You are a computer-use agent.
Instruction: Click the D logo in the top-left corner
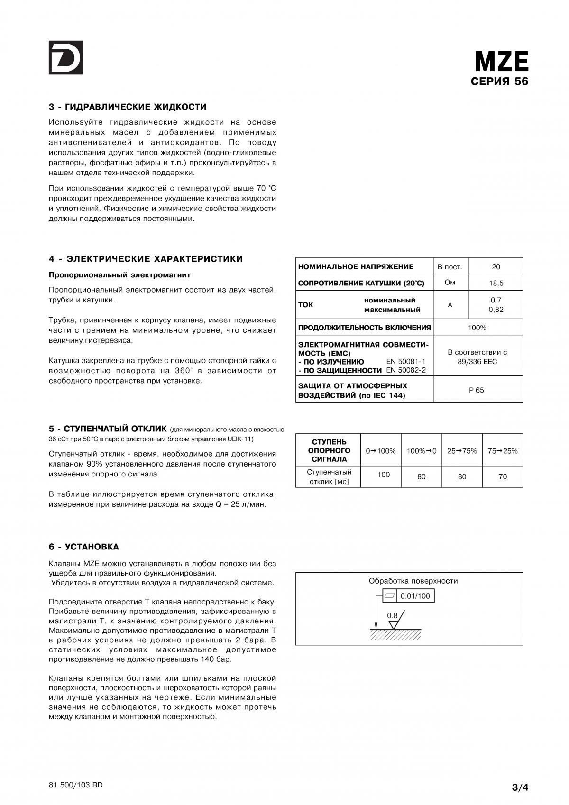pyautogui.click(x=65, y=57)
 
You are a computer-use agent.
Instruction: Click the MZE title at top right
pyautogui.click(x=501, y=62)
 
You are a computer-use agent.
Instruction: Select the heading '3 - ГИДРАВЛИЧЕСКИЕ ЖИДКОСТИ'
pyautogui.click(x=128, y=107)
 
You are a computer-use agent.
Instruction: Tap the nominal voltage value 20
pyautogui.click(x=496, y=267)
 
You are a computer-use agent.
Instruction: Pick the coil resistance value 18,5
pyautogui.click(x=496, y=284)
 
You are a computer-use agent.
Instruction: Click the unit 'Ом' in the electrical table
pyautogui.click(x=450, y=283)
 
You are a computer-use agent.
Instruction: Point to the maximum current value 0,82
pyautogui.click(x=496, y=310)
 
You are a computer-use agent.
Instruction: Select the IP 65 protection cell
pyautogui.click(x=476, y=390)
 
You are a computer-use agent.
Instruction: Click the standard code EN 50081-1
pyautogui.click(x=406, y=361)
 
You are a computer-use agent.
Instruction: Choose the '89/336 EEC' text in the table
pyautogui.click(x=477, y=362)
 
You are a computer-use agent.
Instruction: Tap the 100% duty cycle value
pyautogui.click(x=477, y=328)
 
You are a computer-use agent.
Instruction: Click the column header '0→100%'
pyautogui.click(x=381, y=451)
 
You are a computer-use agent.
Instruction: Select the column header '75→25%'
pyautogui.click(x=503, y=451)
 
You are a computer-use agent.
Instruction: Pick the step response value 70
pyautogui.click(x=503, y=476)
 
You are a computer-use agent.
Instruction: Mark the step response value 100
pyautogui.click(x=384, y=475)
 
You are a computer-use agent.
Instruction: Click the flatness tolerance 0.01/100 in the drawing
pyautogui.click(x=415, y=596)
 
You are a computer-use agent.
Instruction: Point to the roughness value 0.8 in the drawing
pyautogui.click(x=392, y=616)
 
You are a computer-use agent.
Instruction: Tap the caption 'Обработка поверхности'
pyautogui.click(x=413, y=581)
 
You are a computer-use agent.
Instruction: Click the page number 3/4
pyautogui.click(x=520, y=788)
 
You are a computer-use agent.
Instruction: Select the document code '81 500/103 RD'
pyautogui.click(x=75, y=785)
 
